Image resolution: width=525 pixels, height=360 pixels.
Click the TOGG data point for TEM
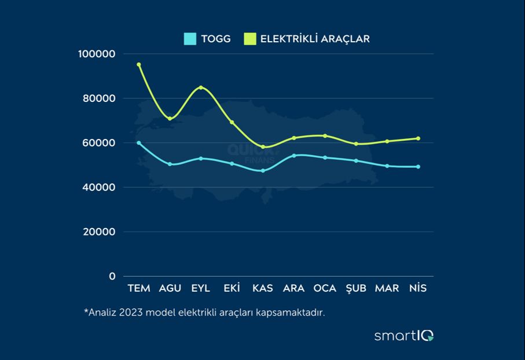(139, 142)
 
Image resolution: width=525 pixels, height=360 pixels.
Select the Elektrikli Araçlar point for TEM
(139, 64)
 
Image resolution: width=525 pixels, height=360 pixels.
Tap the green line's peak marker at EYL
(201, 87)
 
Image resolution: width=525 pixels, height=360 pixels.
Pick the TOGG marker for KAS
(263, 170)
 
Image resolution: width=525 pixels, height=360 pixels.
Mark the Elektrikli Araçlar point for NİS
(418, 138)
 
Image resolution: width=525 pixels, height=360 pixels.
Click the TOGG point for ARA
(294, 155)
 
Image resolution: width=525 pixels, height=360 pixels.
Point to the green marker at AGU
(170, 118)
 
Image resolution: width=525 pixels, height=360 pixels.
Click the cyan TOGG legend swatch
(190, 39)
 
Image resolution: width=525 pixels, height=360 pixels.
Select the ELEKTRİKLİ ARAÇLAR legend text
(315, 39)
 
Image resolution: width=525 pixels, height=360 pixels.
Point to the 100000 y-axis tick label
(97, 54)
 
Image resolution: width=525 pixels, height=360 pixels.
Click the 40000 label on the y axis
(99, 188)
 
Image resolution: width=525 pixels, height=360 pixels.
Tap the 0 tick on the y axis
(112, 276)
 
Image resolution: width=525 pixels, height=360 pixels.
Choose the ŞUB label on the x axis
(355, 288)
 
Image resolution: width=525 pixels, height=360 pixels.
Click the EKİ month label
(232, 288)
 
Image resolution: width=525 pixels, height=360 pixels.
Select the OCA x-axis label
(325, 288)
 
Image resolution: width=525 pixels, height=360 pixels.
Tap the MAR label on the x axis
(387, 288)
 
